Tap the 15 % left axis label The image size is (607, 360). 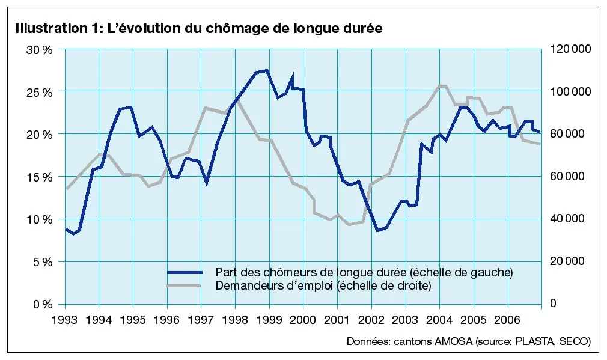(40, 177)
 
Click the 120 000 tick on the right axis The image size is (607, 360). (570, 49)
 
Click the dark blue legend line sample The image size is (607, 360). (185, 272)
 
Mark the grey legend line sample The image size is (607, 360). (185, 285)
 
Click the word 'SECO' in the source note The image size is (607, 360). (575, 341)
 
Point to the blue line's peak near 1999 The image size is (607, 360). (267, 70)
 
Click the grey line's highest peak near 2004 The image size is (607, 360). (442, 85)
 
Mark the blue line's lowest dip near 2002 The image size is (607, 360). (377, 230)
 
